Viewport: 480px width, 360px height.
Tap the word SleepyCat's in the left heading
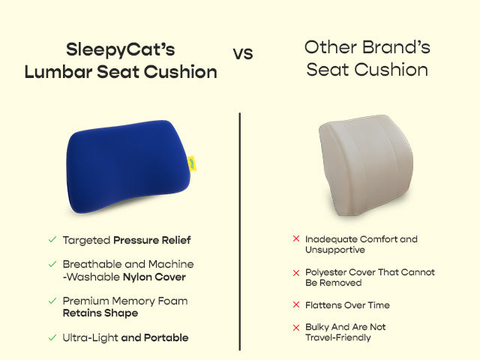tap(121, 50)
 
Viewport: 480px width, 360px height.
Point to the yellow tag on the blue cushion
tap(193, 162)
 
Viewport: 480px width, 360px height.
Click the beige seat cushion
tap(367, 161)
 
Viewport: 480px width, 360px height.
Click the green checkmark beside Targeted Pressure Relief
tap(52, 240)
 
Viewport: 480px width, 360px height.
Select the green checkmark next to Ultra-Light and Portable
tap(52, 337)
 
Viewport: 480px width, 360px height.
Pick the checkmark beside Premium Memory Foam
tap(52, 301)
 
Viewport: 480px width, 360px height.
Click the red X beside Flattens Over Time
tap(296, 306)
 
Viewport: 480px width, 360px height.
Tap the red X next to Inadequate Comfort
tap(296, 239)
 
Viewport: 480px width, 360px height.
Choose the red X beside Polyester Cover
tap(296, 272)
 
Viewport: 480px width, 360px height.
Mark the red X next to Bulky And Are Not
tap(296, 328)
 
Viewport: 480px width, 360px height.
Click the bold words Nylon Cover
tap(154, 277)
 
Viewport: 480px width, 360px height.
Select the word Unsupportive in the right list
tap(334, 250)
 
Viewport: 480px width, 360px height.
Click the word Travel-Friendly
tap(337, 338)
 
